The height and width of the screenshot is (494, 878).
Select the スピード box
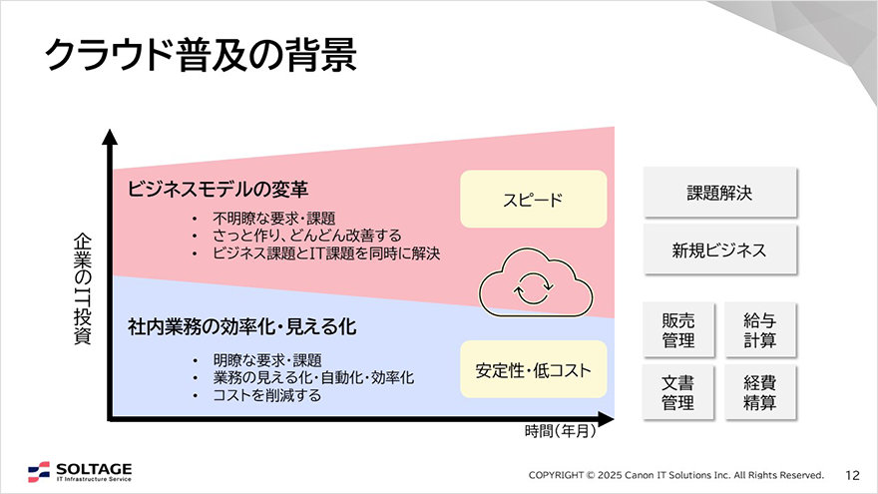pyautogui.click(x=533, y=200)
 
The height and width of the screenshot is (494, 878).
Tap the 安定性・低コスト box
pyautogui.click(x=533, y=370)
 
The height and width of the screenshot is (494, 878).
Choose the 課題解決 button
pyautogui.click(x=719, y=193)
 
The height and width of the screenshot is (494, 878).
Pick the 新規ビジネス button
pyautogui.click(x=719, y=250)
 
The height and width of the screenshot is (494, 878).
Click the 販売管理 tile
pyautogui.click(x=678, y=330)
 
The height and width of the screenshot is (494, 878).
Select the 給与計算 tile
pyautogui.click(x=760, y=330)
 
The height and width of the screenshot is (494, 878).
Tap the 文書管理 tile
pyautogui.click(x=678, y=391)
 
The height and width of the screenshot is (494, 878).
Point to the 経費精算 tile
pyautogui.click(x=760, y=391)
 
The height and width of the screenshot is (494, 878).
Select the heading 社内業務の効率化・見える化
pyautogui.click(x=242, y=326)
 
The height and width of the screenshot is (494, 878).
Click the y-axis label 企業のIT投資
pyautogui.click(x=82, y=288)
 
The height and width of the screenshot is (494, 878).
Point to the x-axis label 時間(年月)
pyautogui.click(x=560, y=431)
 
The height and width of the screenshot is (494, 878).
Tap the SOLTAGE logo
pyautogui.click(x=80, y=472)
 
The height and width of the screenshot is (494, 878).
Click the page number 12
pyautogui.click(x=852, y=474)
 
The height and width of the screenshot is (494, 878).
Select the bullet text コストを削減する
pyautogui.click(x=267, y=395)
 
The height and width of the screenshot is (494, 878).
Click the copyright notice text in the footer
pyautogui.click(x=675, y=474)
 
